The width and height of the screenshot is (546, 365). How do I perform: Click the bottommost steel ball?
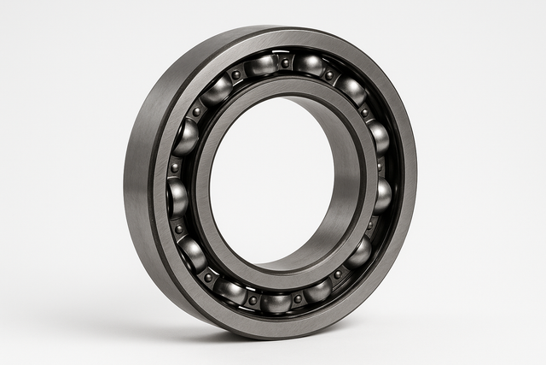click(276, 302)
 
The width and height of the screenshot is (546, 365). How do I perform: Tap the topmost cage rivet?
click(285, 62)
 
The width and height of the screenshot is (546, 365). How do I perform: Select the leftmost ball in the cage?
click(177, 197)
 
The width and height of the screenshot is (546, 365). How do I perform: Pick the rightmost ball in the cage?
click(382, 195)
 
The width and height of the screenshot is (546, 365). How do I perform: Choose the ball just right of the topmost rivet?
click(308, 64)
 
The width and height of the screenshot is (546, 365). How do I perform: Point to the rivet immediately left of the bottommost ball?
click(253, 299)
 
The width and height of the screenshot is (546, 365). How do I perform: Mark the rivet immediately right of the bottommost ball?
click(298, 298)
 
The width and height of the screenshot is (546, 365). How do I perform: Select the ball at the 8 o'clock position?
click(192, 253)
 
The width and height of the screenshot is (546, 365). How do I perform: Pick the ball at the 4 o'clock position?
click(359, 252)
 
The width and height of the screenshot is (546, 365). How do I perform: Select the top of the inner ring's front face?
click(282, 85)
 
